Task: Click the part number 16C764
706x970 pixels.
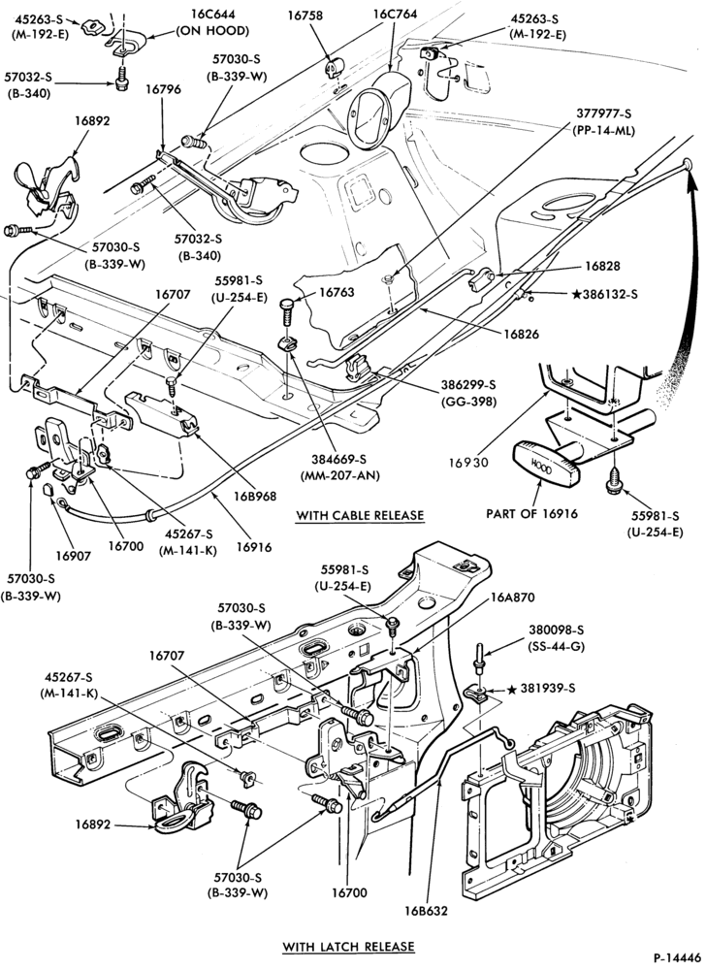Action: pos(395,13)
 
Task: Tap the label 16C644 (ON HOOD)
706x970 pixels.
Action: pos(212,22)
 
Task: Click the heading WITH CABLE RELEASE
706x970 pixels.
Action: pos(360,515)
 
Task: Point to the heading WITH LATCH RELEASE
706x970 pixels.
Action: pos(349,947)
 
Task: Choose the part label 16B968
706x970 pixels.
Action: pos(255,496)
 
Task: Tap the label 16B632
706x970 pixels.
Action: pos(426,911)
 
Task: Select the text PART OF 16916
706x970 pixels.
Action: pos(531,513)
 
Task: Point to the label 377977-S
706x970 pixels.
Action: pos(604,113)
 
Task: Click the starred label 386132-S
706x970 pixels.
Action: pos(605,295)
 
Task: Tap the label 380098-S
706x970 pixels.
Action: pos(556,630)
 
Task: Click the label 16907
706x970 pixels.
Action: pos(73,556)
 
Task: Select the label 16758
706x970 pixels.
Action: pos(305,16)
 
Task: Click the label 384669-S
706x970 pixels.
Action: pos(339,460)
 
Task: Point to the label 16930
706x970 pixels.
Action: pos(469,462)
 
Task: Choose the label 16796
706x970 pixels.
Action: pos(163,89)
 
